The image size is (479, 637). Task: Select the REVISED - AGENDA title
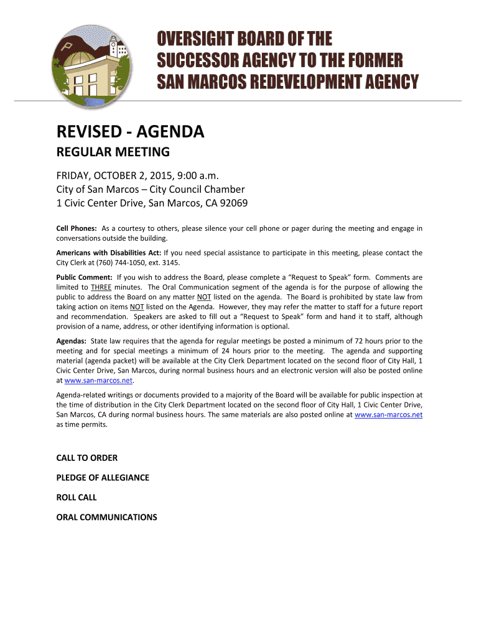[130, 132]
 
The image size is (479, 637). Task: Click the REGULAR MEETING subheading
[113, 152]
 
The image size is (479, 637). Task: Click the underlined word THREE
[101, 287]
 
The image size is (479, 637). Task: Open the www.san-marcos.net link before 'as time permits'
[388, 415]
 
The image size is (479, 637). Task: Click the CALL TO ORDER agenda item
[87, 458]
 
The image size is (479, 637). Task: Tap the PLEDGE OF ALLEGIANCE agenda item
[103, 478]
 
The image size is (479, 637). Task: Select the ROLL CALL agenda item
[77, 498]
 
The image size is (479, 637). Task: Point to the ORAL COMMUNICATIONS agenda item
[106, 517]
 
